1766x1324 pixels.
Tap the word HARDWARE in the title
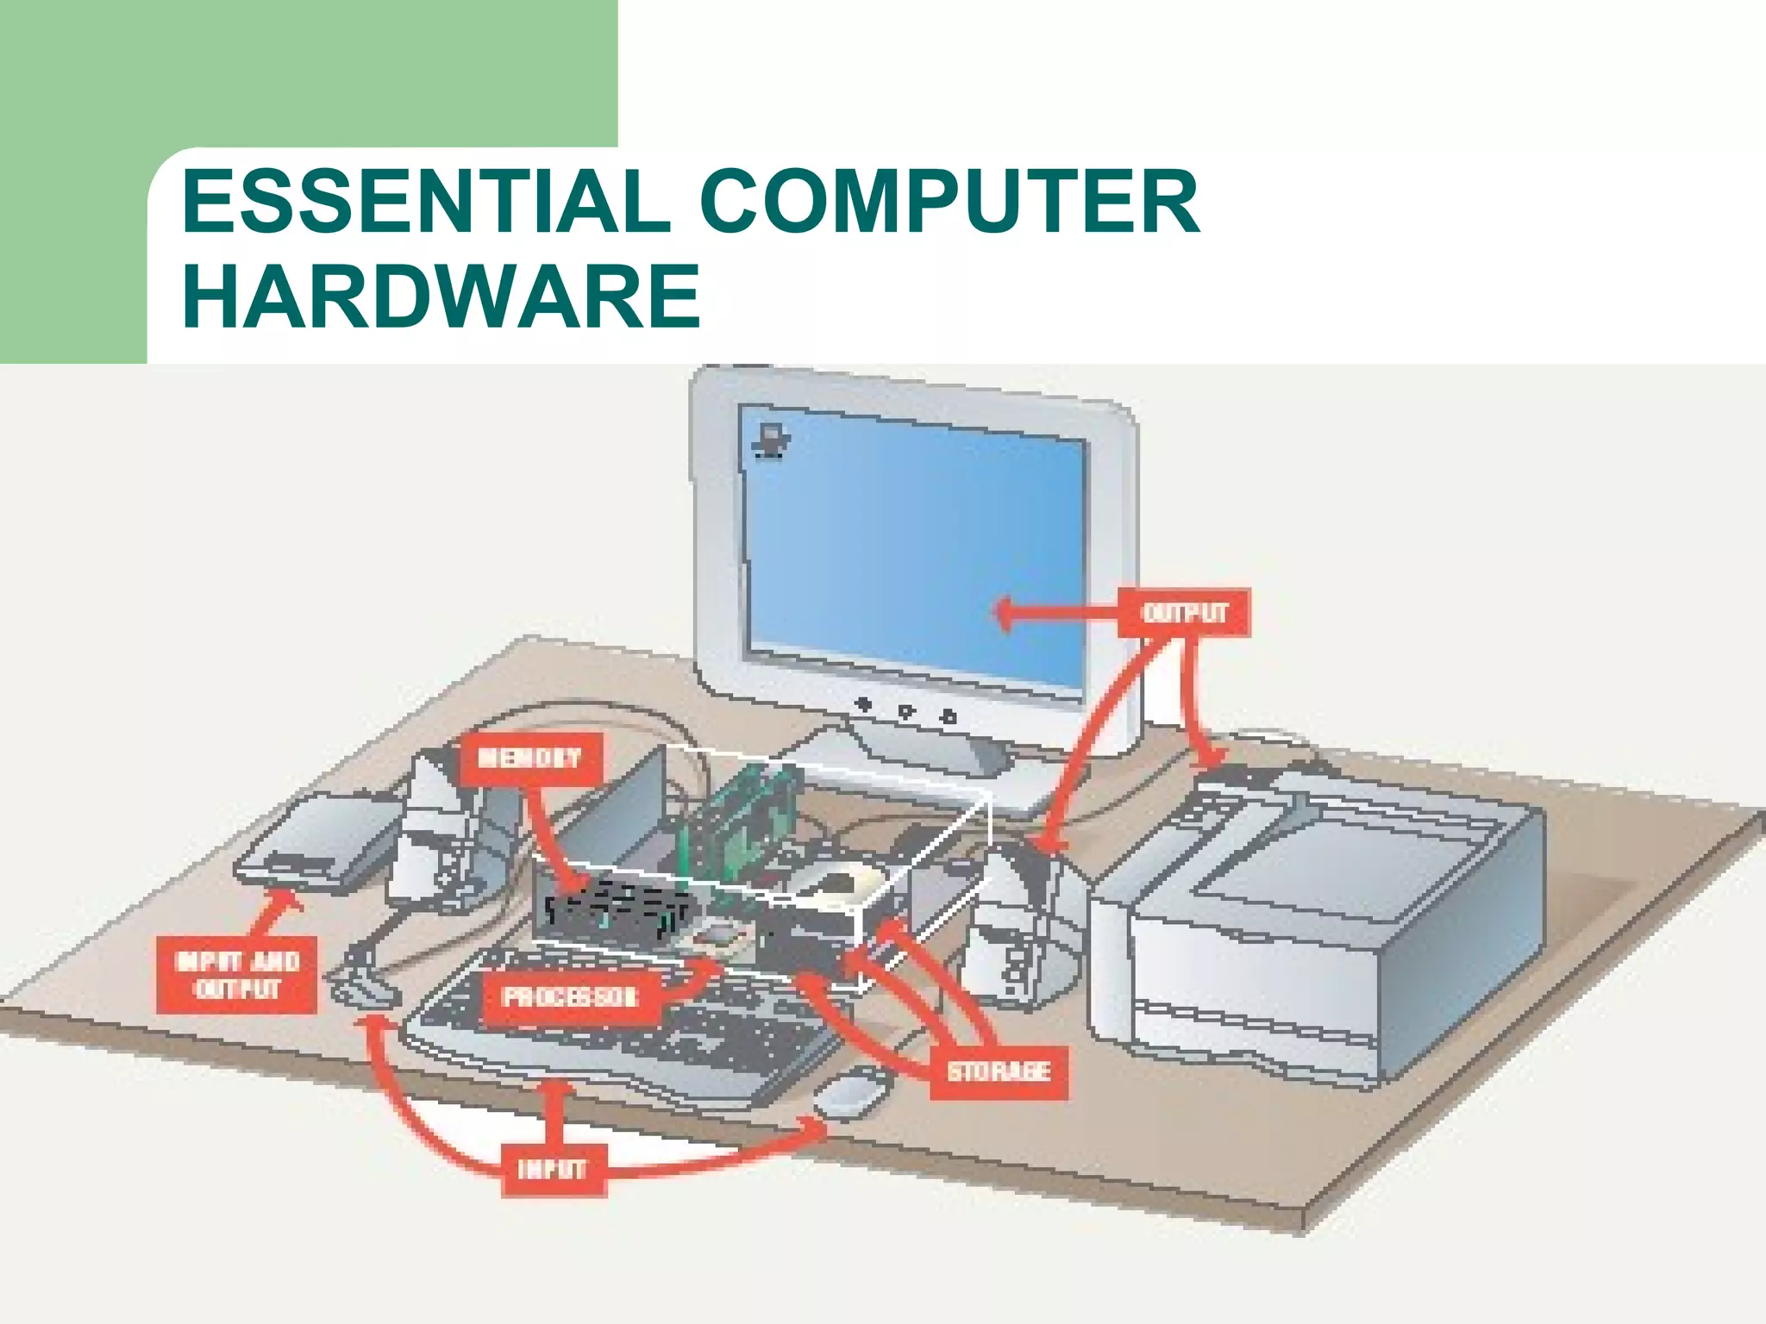441,297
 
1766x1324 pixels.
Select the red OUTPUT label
1184,613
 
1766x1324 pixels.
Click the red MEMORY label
529,759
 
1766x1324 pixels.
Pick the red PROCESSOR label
570,997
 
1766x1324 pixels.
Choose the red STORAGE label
999,1071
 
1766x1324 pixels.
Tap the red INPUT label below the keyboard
552,1170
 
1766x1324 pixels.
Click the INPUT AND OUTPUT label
237,975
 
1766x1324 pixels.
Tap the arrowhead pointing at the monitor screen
1005,614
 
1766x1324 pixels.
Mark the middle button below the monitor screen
905,711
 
